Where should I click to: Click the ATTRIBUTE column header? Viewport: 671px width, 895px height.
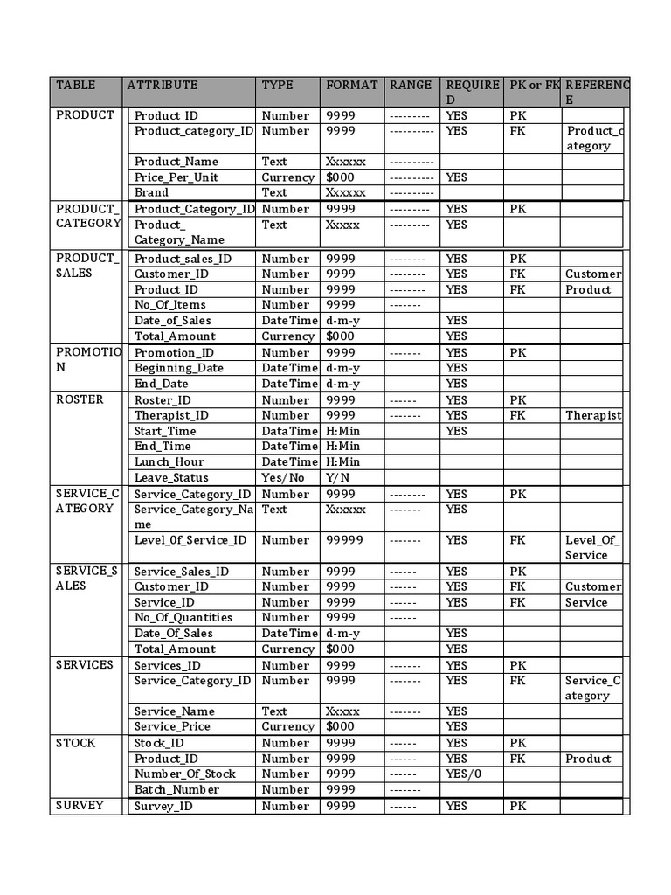(x=163, y=86)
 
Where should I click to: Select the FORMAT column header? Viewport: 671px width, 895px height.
(x=351, y=86)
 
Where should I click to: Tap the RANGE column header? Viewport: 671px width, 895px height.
(x=411, y=86)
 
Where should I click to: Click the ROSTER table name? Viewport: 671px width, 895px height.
(x=80, y=399)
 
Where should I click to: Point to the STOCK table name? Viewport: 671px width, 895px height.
(x=76, y=743)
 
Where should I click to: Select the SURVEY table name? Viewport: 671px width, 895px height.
(x=80, y=805)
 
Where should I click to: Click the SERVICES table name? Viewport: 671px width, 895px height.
(x=85, y=664)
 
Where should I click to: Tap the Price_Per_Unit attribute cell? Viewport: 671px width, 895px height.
(x=176, y=177)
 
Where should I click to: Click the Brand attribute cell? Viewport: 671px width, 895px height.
(x=152, y=192)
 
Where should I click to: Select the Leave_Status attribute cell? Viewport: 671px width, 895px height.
(x=171, y=477)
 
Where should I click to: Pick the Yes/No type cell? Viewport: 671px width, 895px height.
(x=283, y=477)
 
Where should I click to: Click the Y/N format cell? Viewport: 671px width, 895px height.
(x=337, y=477)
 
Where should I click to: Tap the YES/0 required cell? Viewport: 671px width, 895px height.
(x=463, y=774)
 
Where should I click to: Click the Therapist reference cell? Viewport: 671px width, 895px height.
(x=592, y=415)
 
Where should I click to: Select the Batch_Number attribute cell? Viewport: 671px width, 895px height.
(x=176, y=789)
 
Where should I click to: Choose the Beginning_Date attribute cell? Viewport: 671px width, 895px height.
(x=178, y=368)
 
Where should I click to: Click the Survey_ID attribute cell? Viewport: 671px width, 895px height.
(x=163, y=806)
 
